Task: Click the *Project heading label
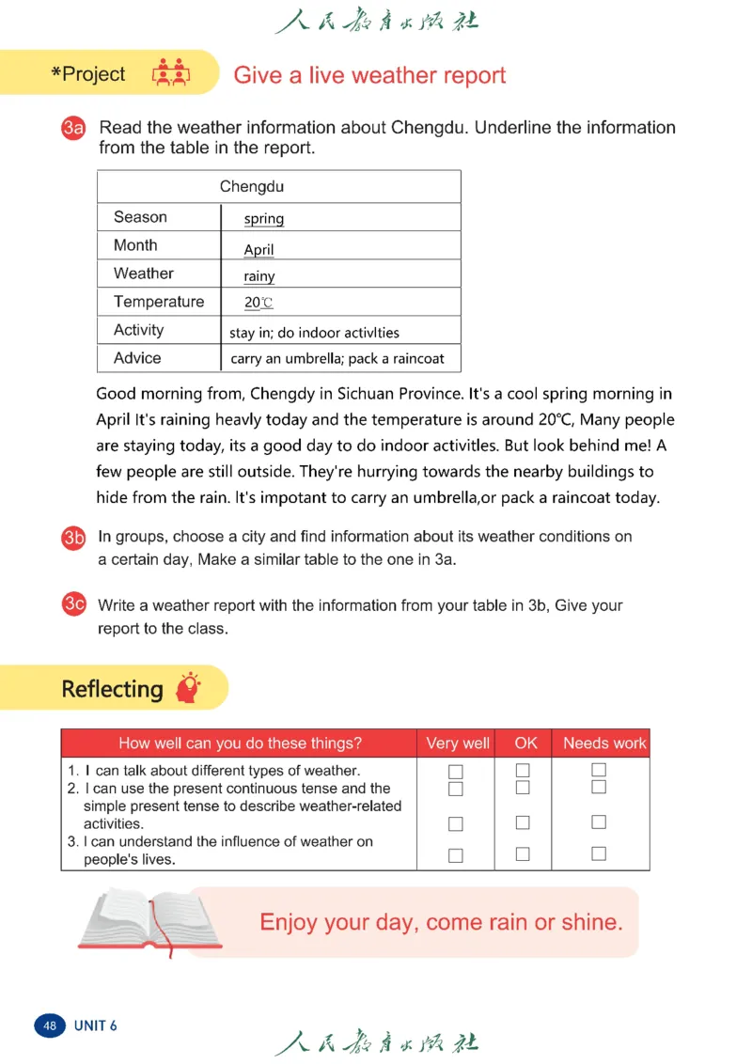pyautogui.click(x=87, y=74)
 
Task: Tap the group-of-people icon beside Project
pyautogui.click(x=171, y=74)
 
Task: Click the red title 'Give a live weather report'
pyautogui.click(x=369, y=75)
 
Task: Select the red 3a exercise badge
pyautogui.click(x=74, y=129)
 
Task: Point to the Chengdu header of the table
pyautogui.click(x=251, y=186)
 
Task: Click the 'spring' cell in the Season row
pyautogui.click(x=263, y=219)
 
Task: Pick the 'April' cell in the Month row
pyautogui.click(x=258, y=250)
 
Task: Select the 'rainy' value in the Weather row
pyautogui.click(x=259, y=276)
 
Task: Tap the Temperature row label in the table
pyautogui.click(x=158, y=302)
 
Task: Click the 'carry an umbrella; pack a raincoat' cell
pyautogui.click(x=337, y=358)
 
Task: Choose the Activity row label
pyautogui.click(x=138, y=330)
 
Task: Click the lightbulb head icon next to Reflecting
pyautogui.click(x=190, y=687)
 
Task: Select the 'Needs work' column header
pyautogui.click(x=603, y=743)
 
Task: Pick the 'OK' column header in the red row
pyautogui.click(x=525, y=743)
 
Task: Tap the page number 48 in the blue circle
pyautogui.click(x=49, y=1025)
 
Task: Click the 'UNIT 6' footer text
pyautogui.click(x=96, y=1025)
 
